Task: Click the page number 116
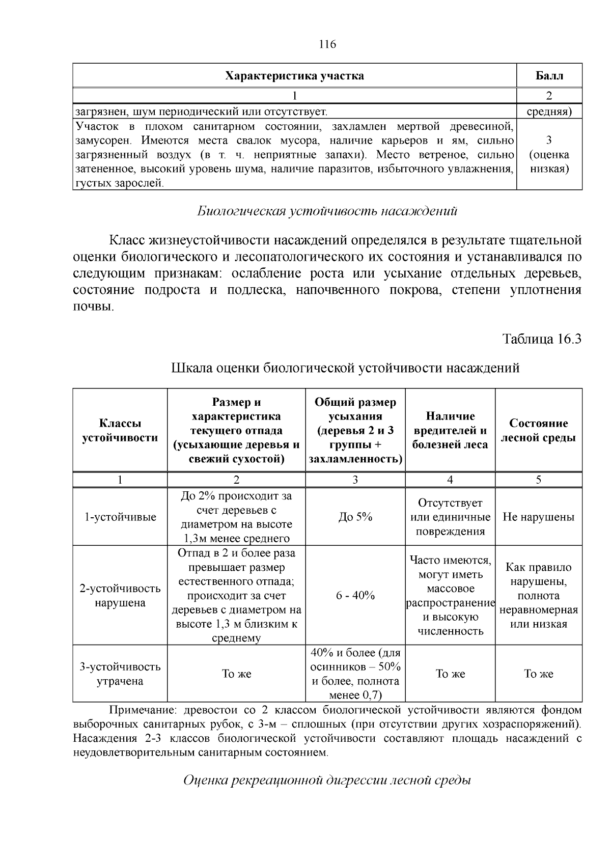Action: (x=327, y=44)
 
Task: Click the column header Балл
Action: (x=549, y=76)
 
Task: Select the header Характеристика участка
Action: (x=294, y=76)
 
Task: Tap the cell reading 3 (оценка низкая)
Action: (x=549, y=154)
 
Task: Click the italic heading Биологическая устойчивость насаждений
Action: (x=327, y=211)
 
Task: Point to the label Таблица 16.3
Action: (x=542, y=339)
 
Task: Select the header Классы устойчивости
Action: (x=120, y=430)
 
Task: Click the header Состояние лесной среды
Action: (x=538, y=430)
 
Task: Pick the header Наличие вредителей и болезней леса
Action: (x=450, y=430)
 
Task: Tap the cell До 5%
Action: (x=355, y=517)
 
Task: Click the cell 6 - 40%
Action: (x=355, y=595)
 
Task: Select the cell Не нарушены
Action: (x=538, y=517)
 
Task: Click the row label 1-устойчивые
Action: (x=120, y=517)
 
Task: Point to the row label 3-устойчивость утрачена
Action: (x=120, y=674)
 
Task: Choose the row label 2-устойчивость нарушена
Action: (x=120, y=595)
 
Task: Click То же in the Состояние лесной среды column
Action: (x=538, y=674)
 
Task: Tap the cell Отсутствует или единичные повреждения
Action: (x=450, y=517)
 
